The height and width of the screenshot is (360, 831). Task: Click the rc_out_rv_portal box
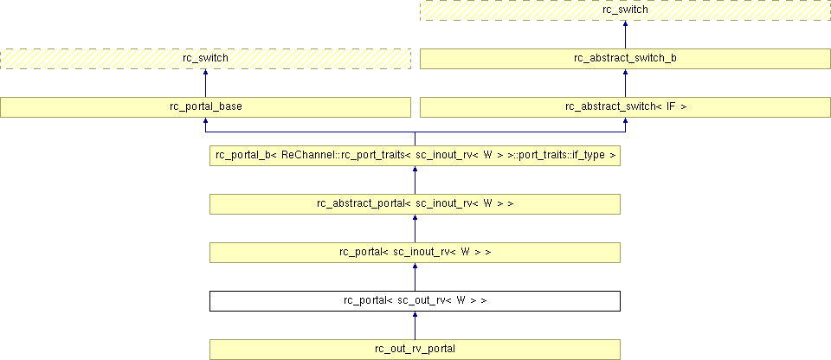coord(415,350)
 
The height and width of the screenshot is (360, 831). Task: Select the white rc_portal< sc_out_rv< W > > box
coord(415,301)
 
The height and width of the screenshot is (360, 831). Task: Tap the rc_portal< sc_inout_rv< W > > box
coord(415,253)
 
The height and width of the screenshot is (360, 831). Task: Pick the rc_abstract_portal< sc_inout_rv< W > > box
coord(415,204)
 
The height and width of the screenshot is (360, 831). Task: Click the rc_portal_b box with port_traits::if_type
coord(415,156)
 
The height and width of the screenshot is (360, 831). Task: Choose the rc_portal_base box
coord(206,107)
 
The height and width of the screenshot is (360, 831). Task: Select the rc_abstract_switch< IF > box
coord(625,107)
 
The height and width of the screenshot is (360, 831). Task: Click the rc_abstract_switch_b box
coord(625,58)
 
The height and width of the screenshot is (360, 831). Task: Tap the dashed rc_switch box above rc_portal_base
coord(206,58)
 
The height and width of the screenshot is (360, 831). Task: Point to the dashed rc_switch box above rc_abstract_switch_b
coord(625,10)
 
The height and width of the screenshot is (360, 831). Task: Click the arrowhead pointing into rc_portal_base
coord(206,120)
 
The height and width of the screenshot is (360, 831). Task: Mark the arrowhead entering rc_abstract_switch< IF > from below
coord(625,120)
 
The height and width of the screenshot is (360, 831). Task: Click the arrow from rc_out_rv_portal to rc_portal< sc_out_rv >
coord(415,325)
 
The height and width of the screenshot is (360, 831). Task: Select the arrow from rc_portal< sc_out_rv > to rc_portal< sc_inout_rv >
coord(415,277)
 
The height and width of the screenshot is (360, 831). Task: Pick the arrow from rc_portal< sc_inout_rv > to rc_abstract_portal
coord(415,228)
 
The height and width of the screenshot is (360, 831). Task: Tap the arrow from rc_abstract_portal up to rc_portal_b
coord(415,180)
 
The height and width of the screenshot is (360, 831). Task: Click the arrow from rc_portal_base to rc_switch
coord(206,83)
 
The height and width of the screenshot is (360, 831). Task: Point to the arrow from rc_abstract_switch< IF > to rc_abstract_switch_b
coord(625,83)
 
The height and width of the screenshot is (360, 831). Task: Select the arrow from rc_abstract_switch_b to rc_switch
coord(625,34)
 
